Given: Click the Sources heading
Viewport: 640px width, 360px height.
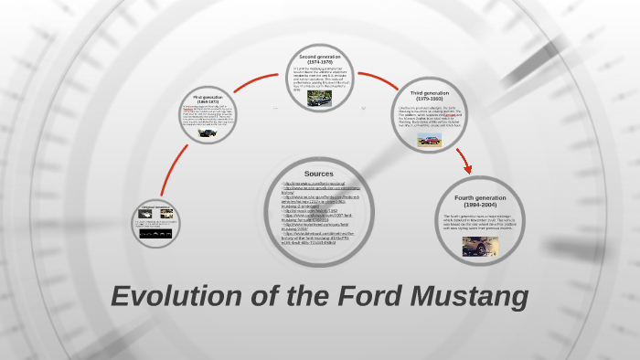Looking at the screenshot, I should point(319,174).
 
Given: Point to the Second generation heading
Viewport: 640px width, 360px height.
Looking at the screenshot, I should point(319,57).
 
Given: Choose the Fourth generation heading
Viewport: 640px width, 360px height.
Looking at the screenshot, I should point(480,197).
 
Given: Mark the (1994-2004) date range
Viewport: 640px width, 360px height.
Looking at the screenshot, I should point(480,206).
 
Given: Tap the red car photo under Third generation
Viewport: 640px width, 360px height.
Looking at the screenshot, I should point(429,140).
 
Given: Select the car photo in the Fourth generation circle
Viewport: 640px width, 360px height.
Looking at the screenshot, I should point(479,246).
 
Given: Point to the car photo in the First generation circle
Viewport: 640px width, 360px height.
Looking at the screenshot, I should point(209,134).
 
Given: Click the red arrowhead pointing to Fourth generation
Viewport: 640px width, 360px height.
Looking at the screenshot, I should point(467,169).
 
